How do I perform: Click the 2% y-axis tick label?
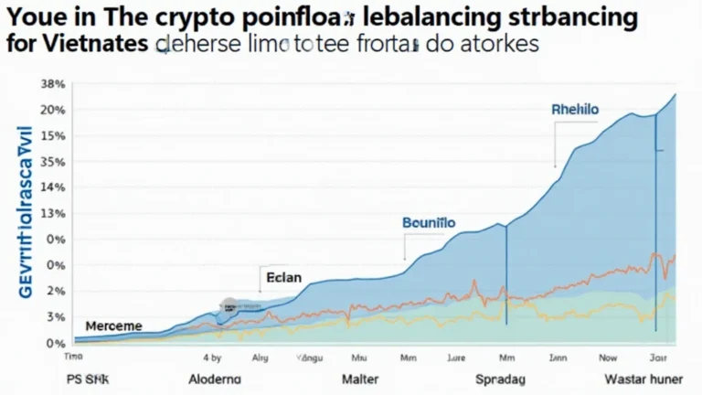(x=55, y=291)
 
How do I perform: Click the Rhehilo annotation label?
(x=575, y=109)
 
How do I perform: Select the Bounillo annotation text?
(x=428, y=222)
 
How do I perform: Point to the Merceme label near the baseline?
(x=113, y=326)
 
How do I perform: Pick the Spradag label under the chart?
(x=504, y=378)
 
